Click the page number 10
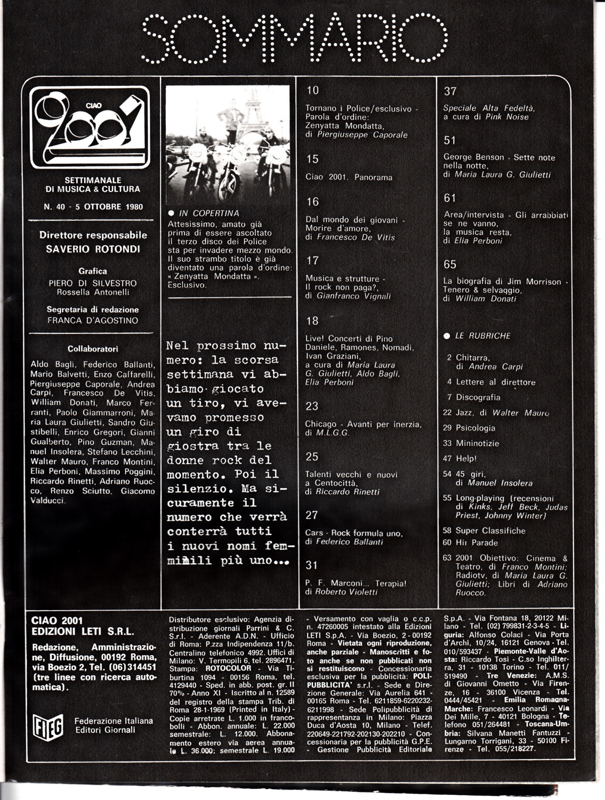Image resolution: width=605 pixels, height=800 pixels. [x=312, y=90]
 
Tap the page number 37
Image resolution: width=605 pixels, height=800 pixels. [x=450, y=91]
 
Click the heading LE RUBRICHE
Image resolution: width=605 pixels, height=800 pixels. [x=482, y=336]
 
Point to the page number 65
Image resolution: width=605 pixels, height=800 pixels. [x=450, y=265]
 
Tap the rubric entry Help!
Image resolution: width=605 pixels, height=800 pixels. [x=466, y=458]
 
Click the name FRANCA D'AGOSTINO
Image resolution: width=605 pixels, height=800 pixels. [x=93, y=321]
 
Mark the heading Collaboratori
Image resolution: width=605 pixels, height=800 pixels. [x=93, y=349]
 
